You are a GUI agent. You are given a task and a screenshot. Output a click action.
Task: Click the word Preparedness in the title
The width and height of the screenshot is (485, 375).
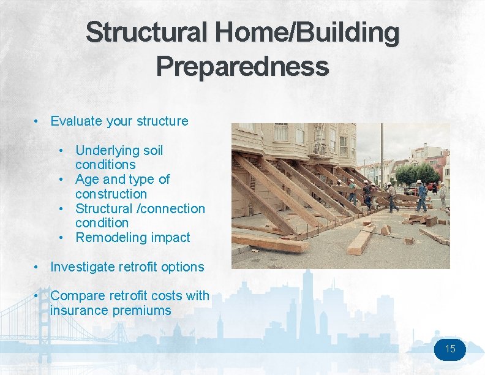coord(242,66)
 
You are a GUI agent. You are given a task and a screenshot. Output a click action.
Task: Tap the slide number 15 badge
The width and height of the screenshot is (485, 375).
coord(450,349)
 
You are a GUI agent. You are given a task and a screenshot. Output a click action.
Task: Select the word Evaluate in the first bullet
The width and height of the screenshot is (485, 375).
coord(76,121)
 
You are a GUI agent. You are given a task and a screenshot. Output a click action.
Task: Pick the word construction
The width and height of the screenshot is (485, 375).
coord(111,194)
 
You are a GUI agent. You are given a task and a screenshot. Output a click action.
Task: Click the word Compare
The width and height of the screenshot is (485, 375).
coord(77,296)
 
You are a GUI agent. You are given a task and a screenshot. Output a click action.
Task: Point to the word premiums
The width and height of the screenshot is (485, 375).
coord(141,311)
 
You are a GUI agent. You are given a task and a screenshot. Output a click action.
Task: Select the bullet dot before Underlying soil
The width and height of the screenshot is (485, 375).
coord(62,151)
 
